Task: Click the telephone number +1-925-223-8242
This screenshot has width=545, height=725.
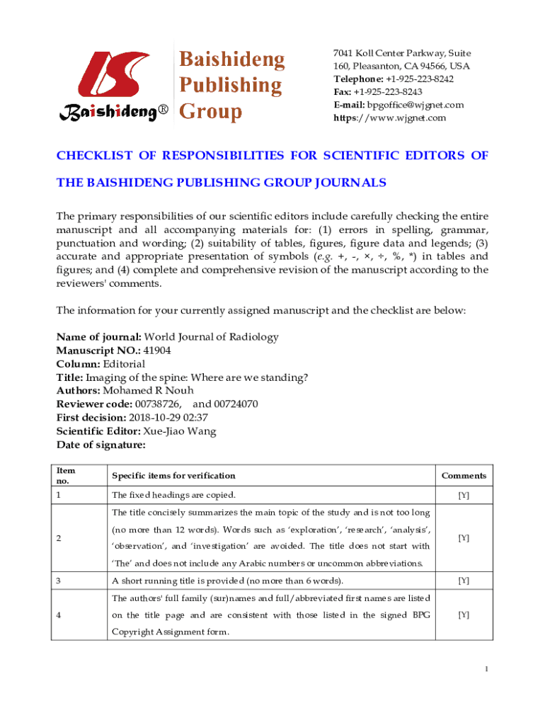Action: (419, 79)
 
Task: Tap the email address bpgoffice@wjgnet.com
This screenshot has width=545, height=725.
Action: (415, 105)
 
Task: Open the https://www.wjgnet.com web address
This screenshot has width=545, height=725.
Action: (390, 118)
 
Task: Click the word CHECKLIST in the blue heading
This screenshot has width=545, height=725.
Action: (98, 156)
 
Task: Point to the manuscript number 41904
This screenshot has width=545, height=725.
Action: (156, 350)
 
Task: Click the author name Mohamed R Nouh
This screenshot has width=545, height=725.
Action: (148, 391)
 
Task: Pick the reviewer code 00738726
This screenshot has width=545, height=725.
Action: (159, 404)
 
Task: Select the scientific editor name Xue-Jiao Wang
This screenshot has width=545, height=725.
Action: (180, 431)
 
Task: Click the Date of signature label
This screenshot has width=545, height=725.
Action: (101, 445)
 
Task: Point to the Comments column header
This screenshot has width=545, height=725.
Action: (464, 476)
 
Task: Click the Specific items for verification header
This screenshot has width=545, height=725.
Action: (173, 476)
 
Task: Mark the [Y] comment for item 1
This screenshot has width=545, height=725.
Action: (464, 495)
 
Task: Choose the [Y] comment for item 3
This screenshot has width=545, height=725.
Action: (464, 581)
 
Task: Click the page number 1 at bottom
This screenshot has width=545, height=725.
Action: (486, 670)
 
